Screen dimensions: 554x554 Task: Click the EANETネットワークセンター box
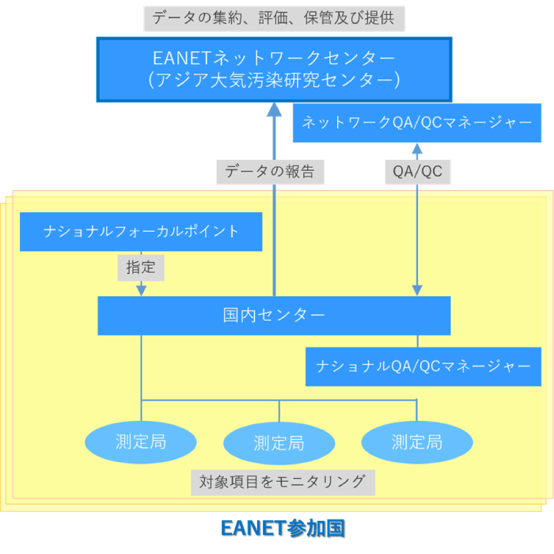coord(275,59)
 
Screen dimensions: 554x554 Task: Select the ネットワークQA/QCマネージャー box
coord(417,123)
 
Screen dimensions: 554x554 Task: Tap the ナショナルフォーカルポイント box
coord(141,231)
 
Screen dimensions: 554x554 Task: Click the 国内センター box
coord(274,315)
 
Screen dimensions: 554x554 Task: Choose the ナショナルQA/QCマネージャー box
coord(423,366)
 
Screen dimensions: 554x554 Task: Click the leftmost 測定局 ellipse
coord(140,441)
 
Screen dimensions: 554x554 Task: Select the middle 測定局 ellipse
coord(279,442)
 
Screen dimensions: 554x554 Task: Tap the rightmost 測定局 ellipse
coord(416,442)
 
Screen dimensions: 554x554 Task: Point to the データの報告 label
coord(270,171)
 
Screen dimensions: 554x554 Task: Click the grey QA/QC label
coord(417,171)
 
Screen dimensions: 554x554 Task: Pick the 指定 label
coord(141,268)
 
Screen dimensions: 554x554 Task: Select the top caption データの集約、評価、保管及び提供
coord(274,17)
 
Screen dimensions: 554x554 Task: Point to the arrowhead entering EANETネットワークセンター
coord(274,109)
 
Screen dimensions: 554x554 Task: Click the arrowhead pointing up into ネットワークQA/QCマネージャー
coord(417,149)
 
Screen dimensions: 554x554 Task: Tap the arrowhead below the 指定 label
coord(141,290)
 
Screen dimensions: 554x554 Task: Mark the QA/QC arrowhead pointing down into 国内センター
coord(417,290)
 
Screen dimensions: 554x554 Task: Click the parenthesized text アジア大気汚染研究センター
coord(275,80)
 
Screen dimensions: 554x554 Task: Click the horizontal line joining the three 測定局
coord(210,400)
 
